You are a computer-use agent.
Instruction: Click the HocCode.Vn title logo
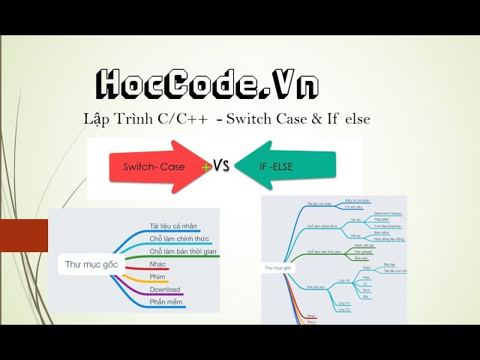206,84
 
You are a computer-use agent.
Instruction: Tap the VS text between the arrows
221,165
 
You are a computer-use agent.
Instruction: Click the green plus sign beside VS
206,168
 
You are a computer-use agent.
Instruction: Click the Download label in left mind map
165,289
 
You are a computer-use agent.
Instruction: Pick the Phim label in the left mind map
158,277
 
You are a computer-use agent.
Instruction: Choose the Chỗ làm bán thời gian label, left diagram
183,251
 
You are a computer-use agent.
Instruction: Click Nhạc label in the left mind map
158,264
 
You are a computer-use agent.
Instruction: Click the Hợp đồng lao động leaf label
389,238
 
